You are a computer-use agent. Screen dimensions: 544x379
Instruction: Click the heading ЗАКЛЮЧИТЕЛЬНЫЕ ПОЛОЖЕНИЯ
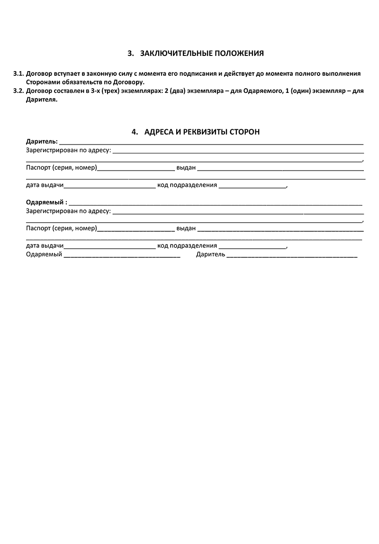(x=202, y=53)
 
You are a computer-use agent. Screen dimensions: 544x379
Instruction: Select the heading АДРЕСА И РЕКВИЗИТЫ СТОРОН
(x=202, y=132)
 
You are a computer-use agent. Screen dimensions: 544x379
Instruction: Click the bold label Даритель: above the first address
(x=42, y=141)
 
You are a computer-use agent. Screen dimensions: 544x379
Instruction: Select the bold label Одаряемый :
(x=46, y=202)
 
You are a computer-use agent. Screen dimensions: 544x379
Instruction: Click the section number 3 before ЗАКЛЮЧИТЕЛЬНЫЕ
(x=130, y=53)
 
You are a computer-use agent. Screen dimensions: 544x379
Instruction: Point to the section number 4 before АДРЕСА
(x=134, y=132)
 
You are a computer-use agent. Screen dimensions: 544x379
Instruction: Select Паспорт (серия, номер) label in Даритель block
(x=62, y=168)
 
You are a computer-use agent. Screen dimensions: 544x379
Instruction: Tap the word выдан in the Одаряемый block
(x=186, y=228)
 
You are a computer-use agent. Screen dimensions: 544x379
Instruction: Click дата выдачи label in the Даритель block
(x=45, y=185)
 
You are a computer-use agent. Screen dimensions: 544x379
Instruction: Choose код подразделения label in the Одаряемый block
(x=187, y=246)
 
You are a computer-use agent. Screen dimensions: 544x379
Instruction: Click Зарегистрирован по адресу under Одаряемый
(x=68, y=211)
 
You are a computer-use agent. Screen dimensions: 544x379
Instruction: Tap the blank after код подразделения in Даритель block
(x=253, y=186)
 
